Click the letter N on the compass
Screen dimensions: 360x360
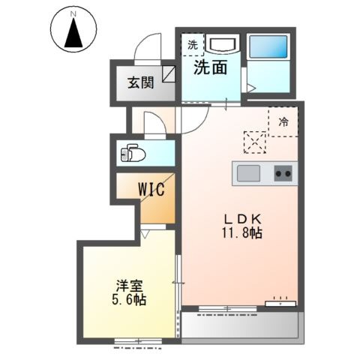point(73,14)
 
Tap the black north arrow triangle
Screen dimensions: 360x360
point(73,33)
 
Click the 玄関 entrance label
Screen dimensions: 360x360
point(141,82)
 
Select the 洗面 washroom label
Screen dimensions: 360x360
point(211,67)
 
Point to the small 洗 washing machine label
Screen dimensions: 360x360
point(193,45)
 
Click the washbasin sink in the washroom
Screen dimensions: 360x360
point(223,45)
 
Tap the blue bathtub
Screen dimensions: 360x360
point(268,47)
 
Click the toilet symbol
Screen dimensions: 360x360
point(133,153)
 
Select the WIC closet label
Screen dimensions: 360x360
point(151,189)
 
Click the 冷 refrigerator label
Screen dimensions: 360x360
point(283,122)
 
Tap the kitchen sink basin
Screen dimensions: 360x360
point(248,173)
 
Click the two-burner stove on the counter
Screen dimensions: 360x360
point(283,173)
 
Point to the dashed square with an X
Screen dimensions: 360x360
point(255,142)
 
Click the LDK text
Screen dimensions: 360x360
point(242,219)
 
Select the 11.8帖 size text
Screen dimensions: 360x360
point(241,233)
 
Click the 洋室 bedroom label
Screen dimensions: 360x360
point(129,286)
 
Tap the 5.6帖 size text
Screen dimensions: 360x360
point(129,299)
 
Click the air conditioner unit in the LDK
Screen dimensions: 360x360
point(280,304)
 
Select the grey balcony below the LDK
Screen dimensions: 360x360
point(240,325)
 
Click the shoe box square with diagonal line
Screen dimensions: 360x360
point(169,74)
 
